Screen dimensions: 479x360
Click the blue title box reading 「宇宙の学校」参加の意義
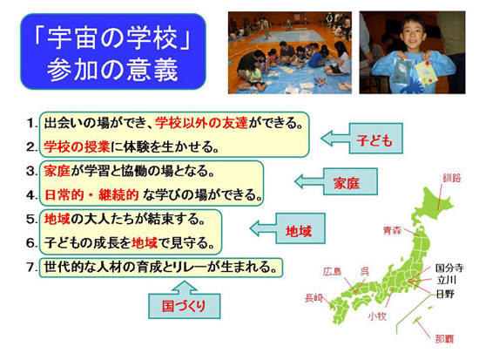pos(113,51)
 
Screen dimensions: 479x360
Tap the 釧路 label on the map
pos(452,178)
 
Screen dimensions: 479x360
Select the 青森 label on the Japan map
pos(392,230)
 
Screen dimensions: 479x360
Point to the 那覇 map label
pos(444,339)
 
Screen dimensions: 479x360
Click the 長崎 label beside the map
pos(314,297)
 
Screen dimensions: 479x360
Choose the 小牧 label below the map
pos(377,316)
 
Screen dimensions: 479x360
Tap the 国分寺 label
pos(449,268)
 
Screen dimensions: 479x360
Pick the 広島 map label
pos(332,271)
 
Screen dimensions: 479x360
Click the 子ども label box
pos(375,139)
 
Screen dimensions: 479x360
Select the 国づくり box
pos(185,306)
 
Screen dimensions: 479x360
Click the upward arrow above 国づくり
pos(185,288)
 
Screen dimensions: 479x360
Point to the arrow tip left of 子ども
pos(321,139)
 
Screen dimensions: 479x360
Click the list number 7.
pos(31,268)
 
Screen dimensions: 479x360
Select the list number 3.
pos(31,171)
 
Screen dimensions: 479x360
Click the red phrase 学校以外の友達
pos(202,123)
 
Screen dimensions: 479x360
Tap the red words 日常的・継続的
pos(91,195)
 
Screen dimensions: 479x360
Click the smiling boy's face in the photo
pos(414,31)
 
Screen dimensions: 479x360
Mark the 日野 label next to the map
pos(445,295)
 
